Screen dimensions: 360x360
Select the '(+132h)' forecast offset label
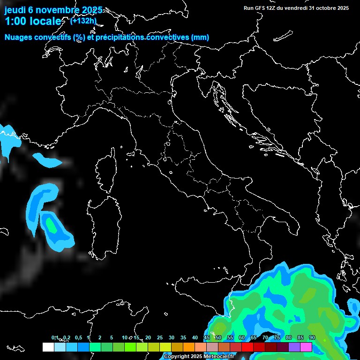(83, 21)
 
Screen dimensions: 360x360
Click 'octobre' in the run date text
(320, 8)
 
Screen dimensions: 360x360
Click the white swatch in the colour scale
(48, 347)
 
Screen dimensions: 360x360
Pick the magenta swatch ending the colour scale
(306, 347)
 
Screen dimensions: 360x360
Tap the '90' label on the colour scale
(312, 338)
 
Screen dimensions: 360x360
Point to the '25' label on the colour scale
(160, 338)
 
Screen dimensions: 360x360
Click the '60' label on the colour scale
(242, 338)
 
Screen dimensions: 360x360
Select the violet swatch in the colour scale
(294, 347)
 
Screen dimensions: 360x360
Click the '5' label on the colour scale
(112, 338)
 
